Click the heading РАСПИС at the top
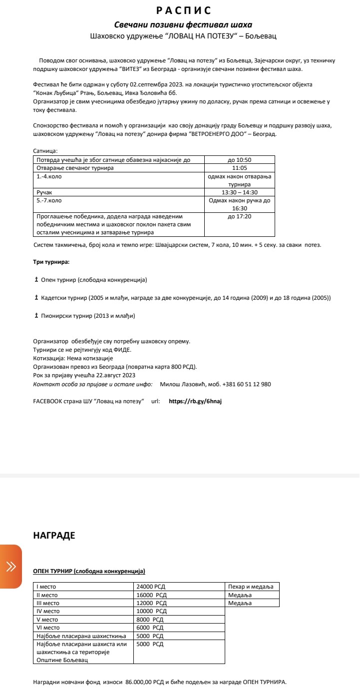coord(184,10)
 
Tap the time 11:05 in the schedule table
coord(239,168)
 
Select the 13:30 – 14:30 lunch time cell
coord(239,192)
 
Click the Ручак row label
coord(44,192)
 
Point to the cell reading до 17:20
coord(239,216)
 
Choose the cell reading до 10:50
coord(239,160)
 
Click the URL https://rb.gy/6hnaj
coord(195,401)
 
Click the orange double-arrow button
coord(10,566)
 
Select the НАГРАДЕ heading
coord(54,536)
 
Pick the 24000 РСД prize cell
coord(151,587)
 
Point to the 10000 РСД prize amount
coord(151,611)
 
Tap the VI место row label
coord(48,628)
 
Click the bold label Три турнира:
coord(51,262)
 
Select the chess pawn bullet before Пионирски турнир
coord(36,316)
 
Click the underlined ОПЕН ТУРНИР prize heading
coord(89,571)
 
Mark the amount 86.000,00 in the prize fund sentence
coord(141,682)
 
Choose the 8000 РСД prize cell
coord(150,620)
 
